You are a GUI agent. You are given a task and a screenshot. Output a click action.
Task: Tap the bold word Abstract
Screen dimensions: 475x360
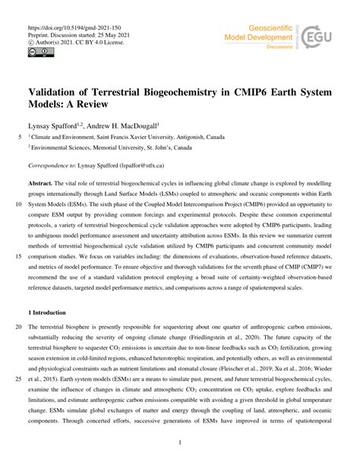point(40,185)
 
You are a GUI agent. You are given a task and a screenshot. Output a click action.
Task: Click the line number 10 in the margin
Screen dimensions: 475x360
point(17,204)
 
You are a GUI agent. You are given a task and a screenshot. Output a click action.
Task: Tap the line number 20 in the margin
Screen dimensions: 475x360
point(17,326)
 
